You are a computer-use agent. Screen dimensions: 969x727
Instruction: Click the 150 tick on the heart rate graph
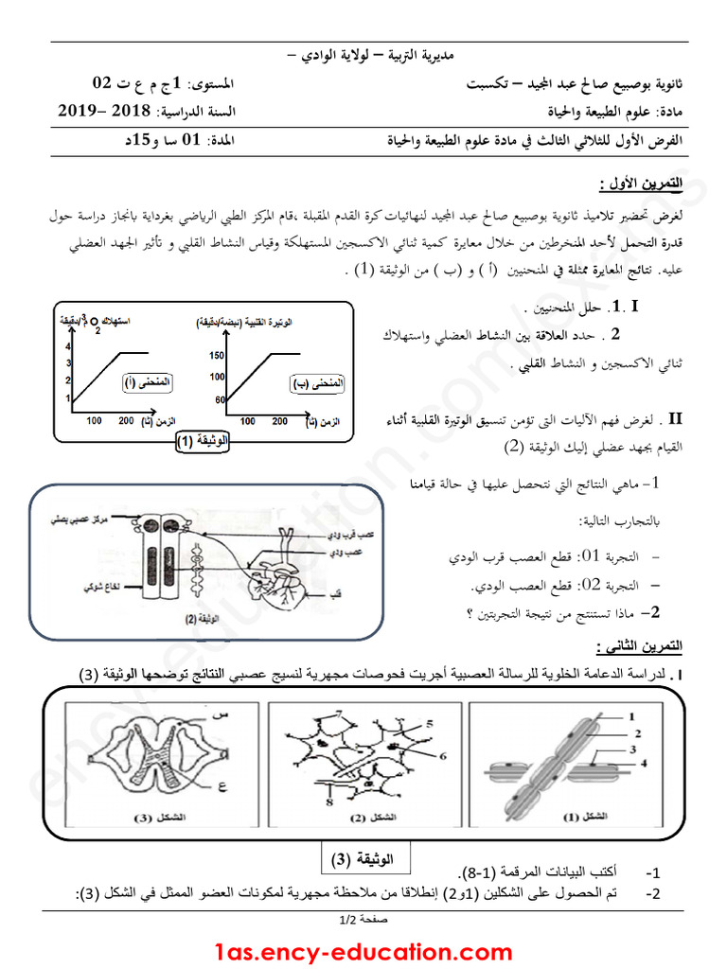(x=217, y=356)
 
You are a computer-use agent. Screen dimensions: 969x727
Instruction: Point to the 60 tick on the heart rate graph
(x=220, y=399)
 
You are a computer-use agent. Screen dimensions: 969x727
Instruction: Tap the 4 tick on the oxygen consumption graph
(x=68, y=346)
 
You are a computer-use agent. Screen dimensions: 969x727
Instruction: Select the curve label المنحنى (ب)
(x=316, y=384)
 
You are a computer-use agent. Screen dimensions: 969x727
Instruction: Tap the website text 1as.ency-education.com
(x=363, y=951)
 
